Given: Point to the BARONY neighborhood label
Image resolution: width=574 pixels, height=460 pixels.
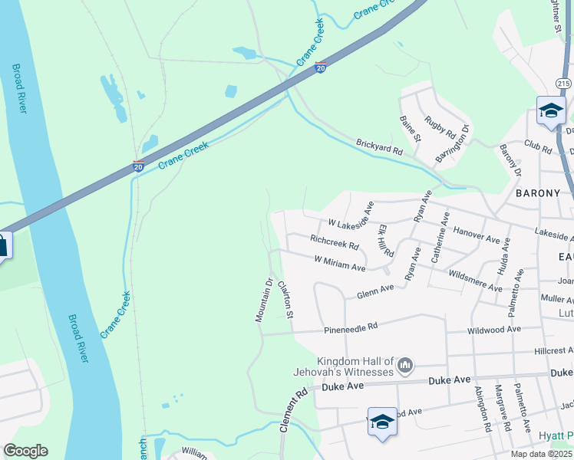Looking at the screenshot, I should pos(538,193).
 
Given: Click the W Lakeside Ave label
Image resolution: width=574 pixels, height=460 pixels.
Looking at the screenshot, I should pos(351,223).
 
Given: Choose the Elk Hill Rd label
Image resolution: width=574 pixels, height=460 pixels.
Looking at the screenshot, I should pos(385,241).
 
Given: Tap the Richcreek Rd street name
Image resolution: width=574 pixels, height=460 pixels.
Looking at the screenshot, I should pos(335,242).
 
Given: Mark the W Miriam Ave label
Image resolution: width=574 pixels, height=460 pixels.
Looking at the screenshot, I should pos(339,263).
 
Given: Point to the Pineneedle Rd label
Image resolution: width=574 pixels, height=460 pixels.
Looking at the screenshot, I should pos(351,326).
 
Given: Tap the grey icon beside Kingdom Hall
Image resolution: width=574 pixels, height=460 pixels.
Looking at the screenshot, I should pos(406,365).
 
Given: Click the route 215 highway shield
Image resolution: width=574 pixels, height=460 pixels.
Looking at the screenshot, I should pos(564,83).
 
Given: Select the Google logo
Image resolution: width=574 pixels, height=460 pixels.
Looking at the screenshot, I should pos(25,451).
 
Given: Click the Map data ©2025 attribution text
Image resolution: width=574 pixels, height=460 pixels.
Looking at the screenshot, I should pos(542,454).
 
